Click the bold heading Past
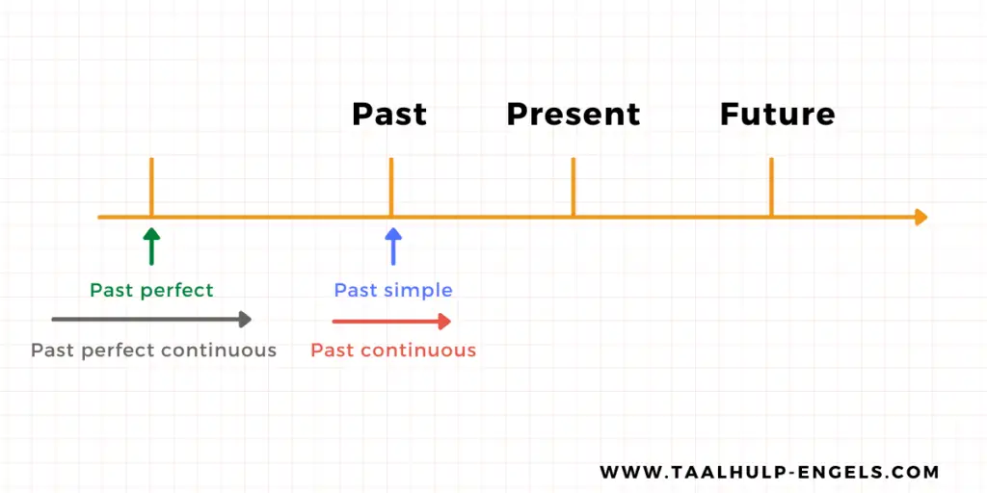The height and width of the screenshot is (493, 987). click(389, 115)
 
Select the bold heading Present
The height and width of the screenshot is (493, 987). click(573, 115)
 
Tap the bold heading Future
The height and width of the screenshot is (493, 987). click(778, 115)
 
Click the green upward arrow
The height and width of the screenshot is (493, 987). click(151, 246)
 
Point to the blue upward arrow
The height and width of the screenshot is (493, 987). click(393, 246)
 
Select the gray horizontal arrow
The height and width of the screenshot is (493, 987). click(151, 320)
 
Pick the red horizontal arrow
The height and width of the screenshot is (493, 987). click(391, 322)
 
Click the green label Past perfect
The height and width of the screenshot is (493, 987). click(151, 291)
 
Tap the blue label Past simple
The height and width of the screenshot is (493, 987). click(393, 291)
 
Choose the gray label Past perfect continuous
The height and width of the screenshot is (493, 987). click(154, 350)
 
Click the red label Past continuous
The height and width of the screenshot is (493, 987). click(393, 350)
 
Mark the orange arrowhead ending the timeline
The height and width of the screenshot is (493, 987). click(921, 217)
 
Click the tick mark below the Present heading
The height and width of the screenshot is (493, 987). click(573, 187)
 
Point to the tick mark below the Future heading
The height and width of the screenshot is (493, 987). click(771, 187)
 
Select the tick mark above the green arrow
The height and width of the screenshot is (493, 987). click(151, 187)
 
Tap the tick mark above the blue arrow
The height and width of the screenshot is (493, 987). click(391, 187)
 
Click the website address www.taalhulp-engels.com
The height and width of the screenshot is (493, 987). click(769, 472)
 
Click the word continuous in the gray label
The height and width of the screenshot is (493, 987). click(219, 350)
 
